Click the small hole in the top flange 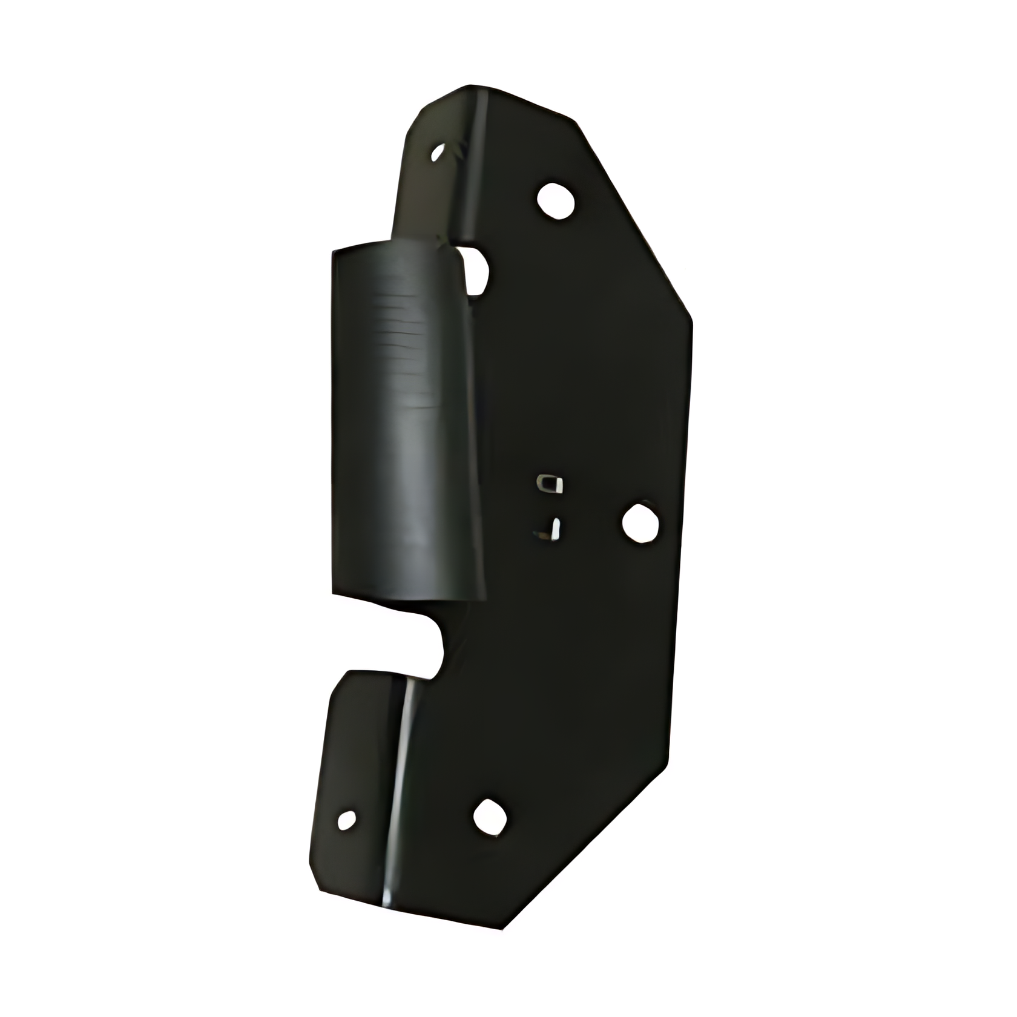pos(437,153)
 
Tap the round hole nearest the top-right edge pos(555,200)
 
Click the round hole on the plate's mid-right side pos(641,521)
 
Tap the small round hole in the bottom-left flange pos(346,820)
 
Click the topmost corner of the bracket pos(472,86)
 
